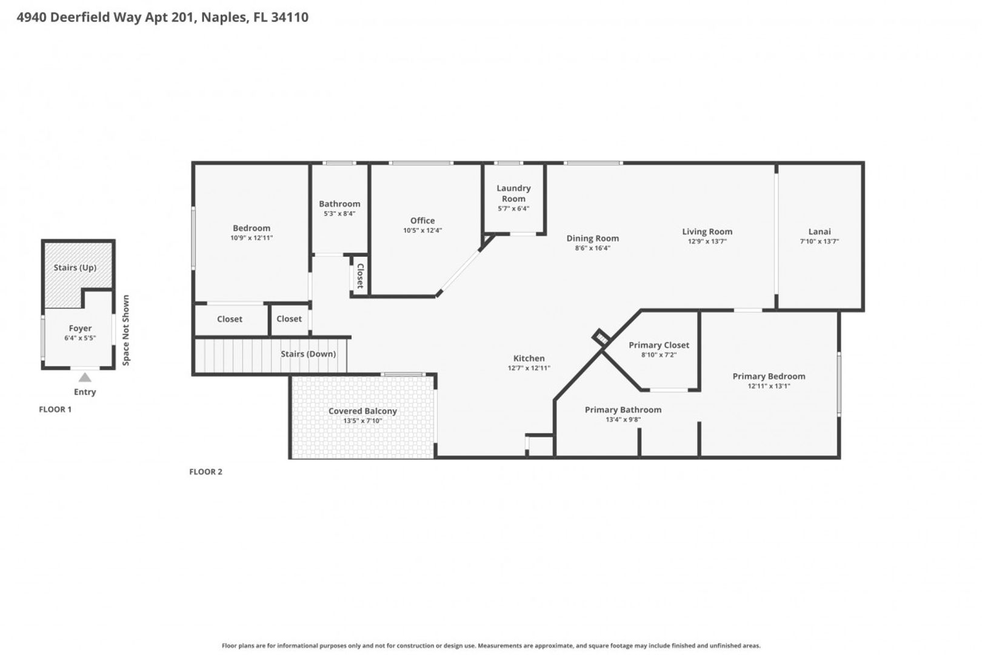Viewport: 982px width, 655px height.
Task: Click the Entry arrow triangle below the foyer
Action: (85, 377)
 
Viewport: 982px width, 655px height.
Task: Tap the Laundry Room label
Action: (513, 193)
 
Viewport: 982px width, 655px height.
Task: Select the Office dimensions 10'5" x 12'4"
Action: (423, 230)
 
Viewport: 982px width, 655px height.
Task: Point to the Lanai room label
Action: (820, 231)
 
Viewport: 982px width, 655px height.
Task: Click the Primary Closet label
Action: (659, 345)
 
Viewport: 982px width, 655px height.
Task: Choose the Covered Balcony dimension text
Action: (362, 421)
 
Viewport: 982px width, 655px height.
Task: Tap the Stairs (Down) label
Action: (308, 354)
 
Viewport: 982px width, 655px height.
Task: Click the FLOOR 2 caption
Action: (205, 472)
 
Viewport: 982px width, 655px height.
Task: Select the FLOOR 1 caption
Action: (55, 409)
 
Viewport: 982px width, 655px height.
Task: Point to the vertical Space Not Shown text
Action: (126, 330)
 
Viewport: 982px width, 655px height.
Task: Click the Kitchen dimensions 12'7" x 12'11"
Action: (529, 368)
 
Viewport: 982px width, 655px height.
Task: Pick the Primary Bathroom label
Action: (623, 410)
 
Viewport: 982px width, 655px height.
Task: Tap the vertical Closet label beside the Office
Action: (360, 276)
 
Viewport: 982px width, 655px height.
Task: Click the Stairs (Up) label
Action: (75, 267)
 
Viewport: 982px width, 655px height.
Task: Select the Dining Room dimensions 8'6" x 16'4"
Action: (593, 248)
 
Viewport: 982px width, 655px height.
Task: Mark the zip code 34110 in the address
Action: (289, 17)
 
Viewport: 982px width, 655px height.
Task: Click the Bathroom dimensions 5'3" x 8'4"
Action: (339, 213)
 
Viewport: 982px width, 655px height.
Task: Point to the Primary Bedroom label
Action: (769, 376)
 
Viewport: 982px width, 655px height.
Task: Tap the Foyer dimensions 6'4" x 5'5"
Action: (80, 338)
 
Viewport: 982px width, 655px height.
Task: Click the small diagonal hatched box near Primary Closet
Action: (601, 338)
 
